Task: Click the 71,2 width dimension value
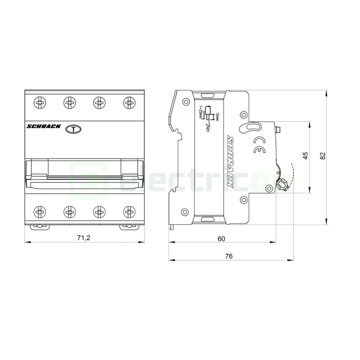(x=84, y=238)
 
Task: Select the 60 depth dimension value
(x=221, y=239)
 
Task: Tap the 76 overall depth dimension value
(x=229, y=256)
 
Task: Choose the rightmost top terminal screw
(x=129, y=102)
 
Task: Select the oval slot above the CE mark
(x=250, y=128)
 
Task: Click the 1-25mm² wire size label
(x=200, y=112)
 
